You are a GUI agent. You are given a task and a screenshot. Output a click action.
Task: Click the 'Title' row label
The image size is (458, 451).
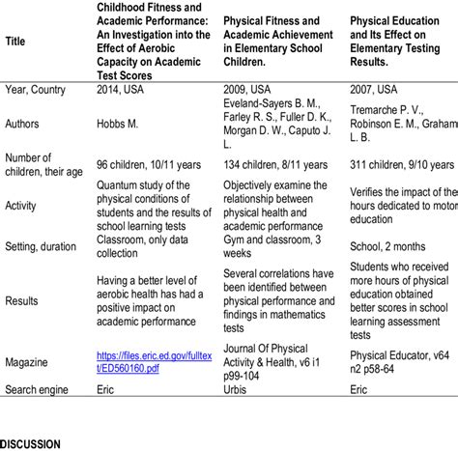click(x=16, y=42)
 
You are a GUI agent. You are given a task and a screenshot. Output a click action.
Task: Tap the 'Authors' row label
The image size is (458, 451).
click(x=27, y=123)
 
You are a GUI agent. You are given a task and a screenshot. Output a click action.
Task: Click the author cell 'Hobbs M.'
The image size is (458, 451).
click(x=121, y=123)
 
